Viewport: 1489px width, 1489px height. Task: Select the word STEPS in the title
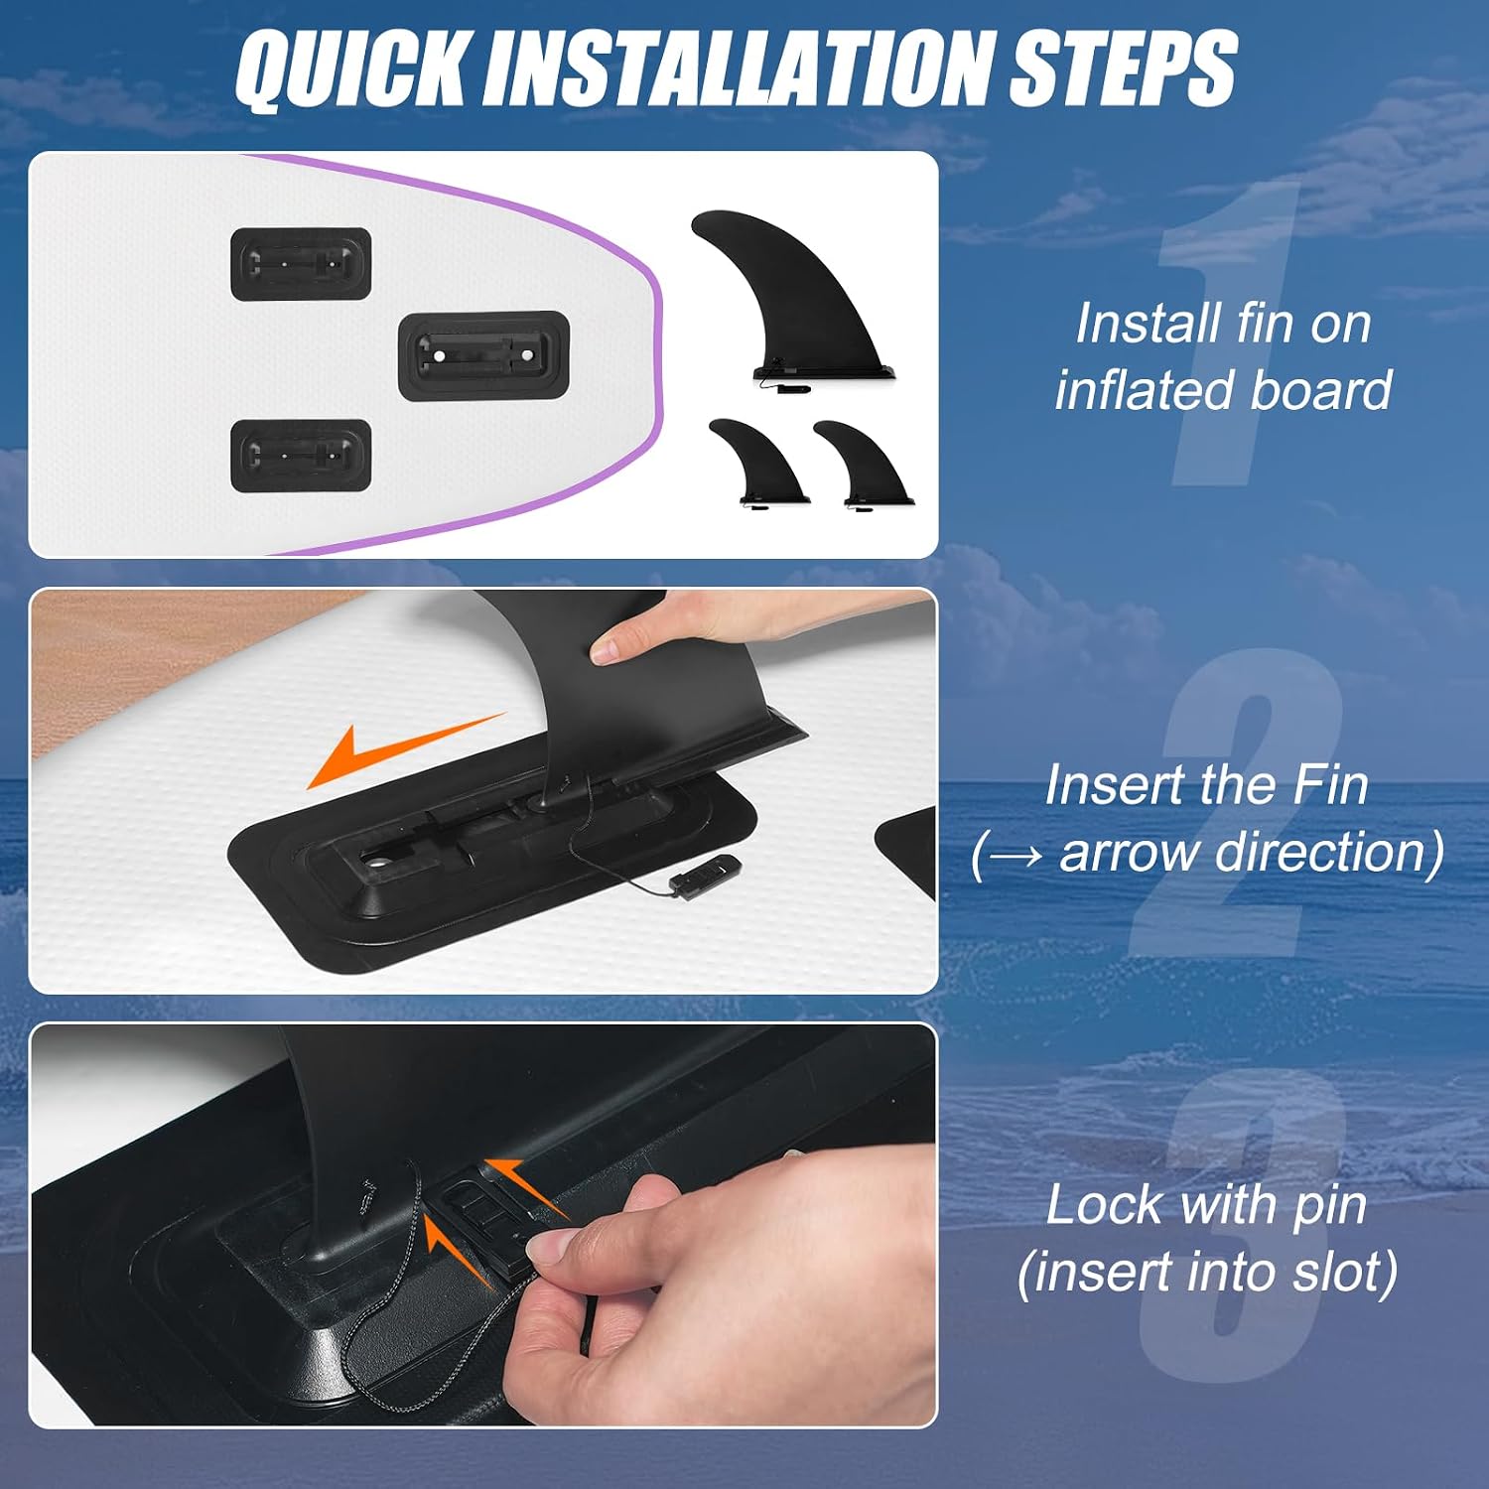coord(1123,67)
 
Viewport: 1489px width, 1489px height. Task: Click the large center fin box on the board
coord(483,355)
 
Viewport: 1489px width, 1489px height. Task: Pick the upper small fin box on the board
coord(301,264)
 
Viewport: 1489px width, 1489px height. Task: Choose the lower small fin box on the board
coord(301,456)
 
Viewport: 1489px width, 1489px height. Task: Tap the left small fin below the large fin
coord(758,463)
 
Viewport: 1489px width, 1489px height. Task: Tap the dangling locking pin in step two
coord(704,875)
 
